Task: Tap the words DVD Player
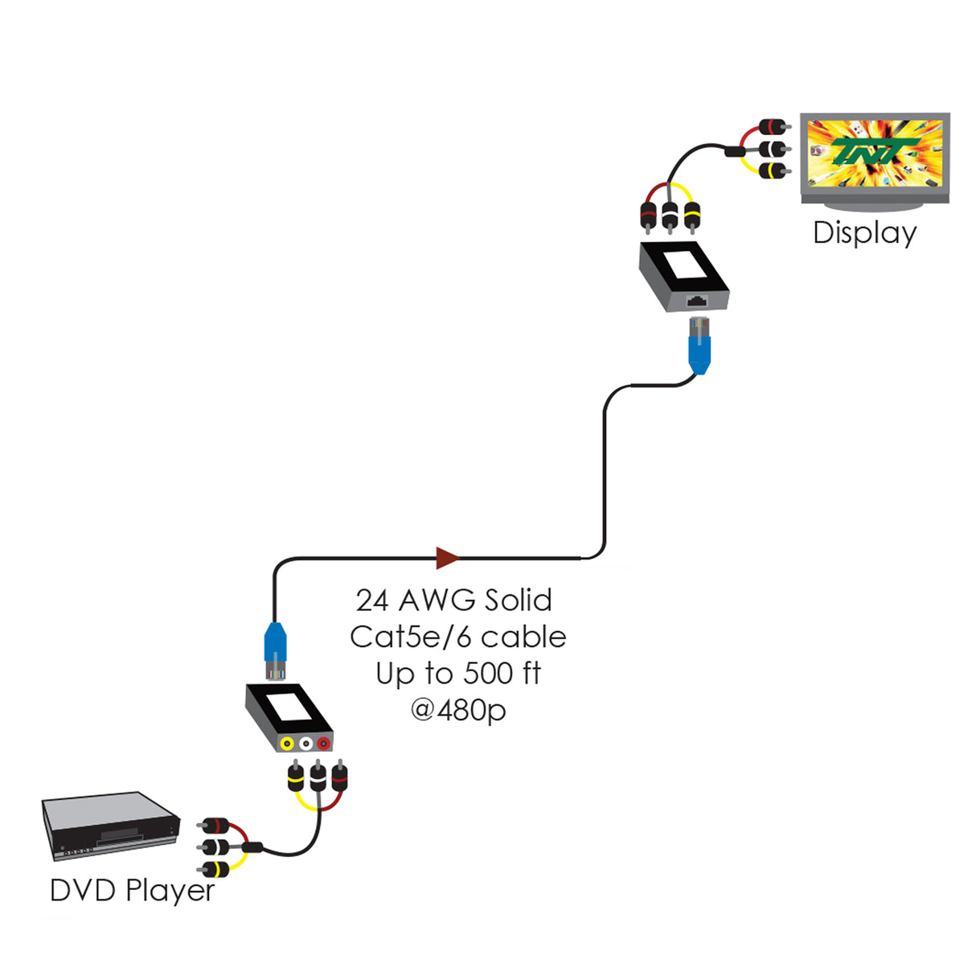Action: coord(132,891)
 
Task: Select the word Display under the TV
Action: coord(864,233)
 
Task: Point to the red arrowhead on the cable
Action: coord(447,557)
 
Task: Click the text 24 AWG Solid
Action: coord(454,601)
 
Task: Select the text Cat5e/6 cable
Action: coord(457,637)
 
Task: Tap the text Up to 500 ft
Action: coord(457,673)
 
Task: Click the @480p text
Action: coord(457,710)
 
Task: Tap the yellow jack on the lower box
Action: coord(287,744)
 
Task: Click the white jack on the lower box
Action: coord(306,744)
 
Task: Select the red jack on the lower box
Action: coord(323,744)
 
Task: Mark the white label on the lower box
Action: coord(288,707)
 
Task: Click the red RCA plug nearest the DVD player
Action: coord(215,826)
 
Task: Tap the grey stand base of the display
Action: coord(875,208)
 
